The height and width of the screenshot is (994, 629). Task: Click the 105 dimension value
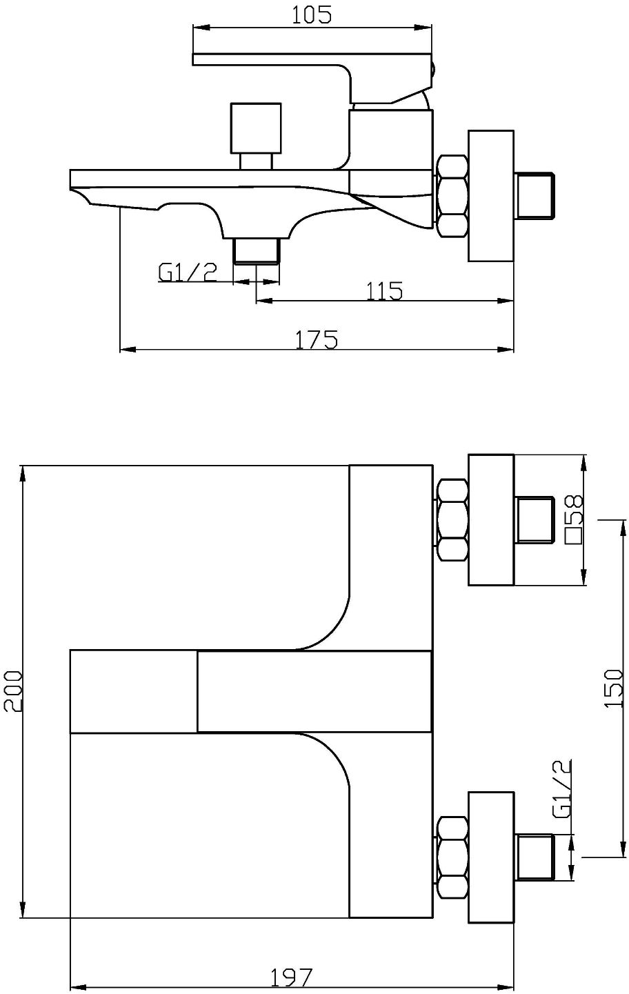tap(311, 15)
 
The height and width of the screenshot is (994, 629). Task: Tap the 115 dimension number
tap(385, 291)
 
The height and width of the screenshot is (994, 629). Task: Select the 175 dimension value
tap(317, 340)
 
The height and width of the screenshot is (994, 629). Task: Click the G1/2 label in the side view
tap(188, 272)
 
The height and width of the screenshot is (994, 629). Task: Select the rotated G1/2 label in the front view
tap(562, 789)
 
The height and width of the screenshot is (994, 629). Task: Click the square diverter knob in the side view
tap(256, 129)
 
